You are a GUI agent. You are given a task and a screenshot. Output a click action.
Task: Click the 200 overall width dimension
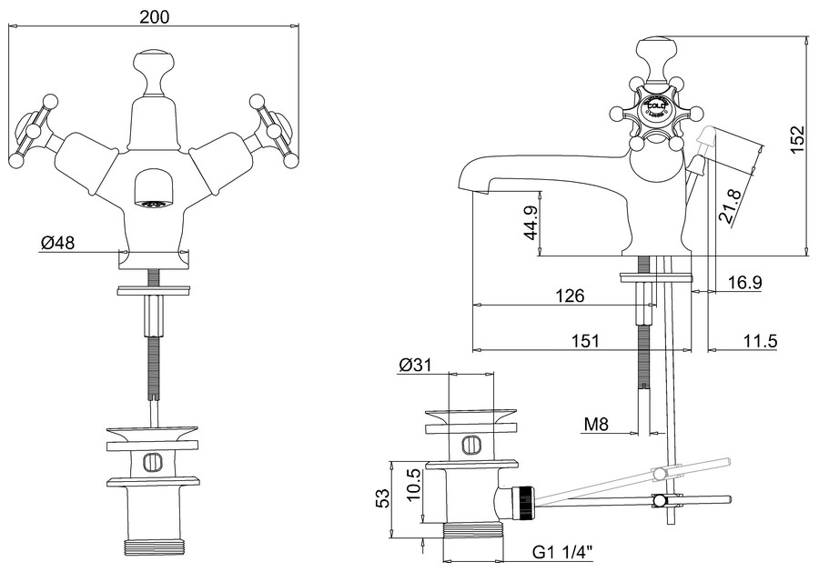pyautogui.click(x=155, y=16)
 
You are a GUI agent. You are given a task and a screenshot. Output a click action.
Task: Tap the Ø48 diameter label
pyautogui.click(x=56, y=243)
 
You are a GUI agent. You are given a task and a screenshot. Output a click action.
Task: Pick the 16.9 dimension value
pyautogui.click(x=744, y=283)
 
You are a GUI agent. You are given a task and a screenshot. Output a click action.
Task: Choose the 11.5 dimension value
pyautogui.click(x=759, y=341)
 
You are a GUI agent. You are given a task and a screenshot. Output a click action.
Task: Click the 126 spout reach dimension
pyautogui.click(x=568, y=296)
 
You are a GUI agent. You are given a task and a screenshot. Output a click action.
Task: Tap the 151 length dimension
pyautogui.click(x=586, y=341)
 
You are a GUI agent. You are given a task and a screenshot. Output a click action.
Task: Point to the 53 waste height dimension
pyautogui.click(x=383, y=497)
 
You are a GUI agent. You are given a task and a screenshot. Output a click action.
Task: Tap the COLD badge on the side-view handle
pyautogui.click(x=657, y=107)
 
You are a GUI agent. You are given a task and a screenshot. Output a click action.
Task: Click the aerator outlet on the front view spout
pyautogui.click(x=152, y=201)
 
